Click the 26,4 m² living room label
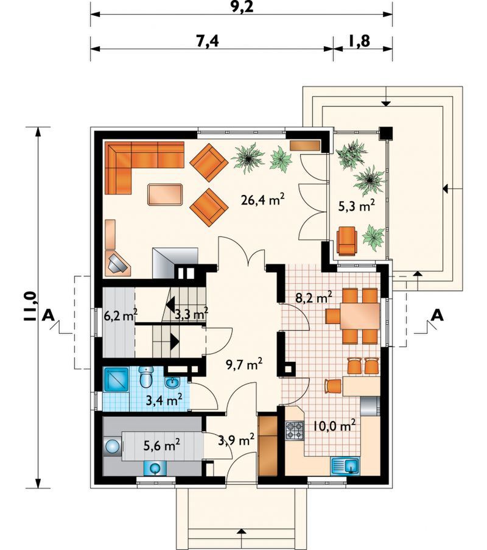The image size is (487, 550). click(262, 200)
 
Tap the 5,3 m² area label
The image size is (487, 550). click(357, 205)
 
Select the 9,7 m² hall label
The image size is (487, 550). click(244, 365)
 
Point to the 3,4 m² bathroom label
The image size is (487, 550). click(164, 400)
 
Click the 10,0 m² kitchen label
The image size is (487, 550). click(334, 426)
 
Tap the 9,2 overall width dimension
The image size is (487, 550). click(242, 7)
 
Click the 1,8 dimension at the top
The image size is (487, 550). click(359, 41)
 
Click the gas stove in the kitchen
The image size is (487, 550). click(295, 431)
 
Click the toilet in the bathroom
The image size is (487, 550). click(145, 377)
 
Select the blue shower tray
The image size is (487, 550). click(116, 379)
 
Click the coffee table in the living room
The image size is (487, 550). click(166, 194)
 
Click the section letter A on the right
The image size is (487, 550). click(437, 316)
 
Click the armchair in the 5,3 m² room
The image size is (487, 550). click(347, 240)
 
